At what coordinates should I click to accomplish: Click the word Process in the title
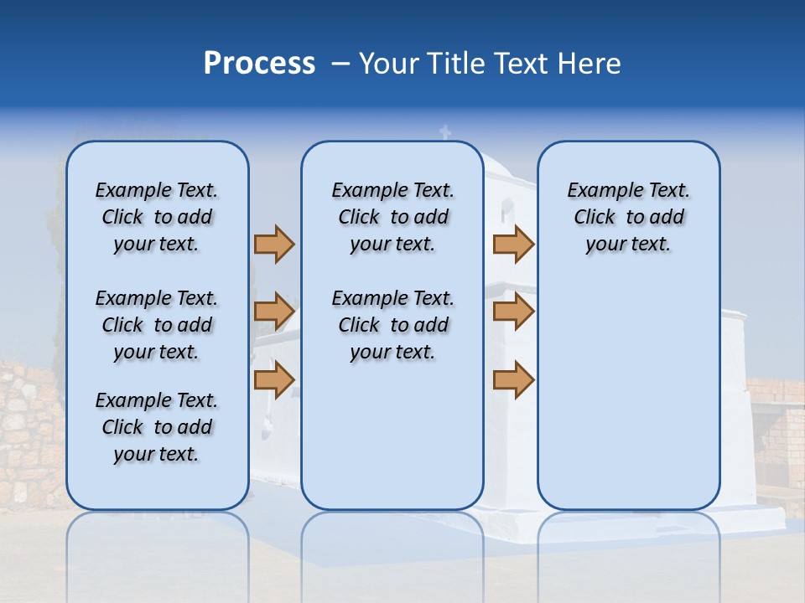[x=259, y=64]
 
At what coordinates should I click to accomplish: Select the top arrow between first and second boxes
[x=274, y=244]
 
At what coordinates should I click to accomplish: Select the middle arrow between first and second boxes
[x=274, y=312]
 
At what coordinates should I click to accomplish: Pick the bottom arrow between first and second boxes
[x=274, y=379]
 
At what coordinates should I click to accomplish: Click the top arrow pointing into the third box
[x=513, y=244]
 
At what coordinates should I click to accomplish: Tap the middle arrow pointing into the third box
[x=513, y=312]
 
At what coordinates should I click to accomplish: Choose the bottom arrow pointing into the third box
[x=513, y=379]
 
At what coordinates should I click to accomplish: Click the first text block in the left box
[x=157, y=217]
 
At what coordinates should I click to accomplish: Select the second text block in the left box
[x=157, y=325]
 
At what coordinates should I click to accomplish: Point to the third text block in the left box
[x=157, y=427]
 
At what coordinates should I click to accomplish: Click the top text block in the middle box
[x=392, y=217]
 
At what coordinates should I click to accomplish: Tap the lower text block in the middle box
[x=392, y=325]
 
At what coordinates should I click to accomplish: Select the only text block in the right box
[x=628, y=217]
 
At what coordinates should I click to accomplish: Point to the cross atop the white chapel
[x=445, y=131]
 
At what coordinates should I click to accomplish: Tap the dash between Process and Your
[x=340, y=64]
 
